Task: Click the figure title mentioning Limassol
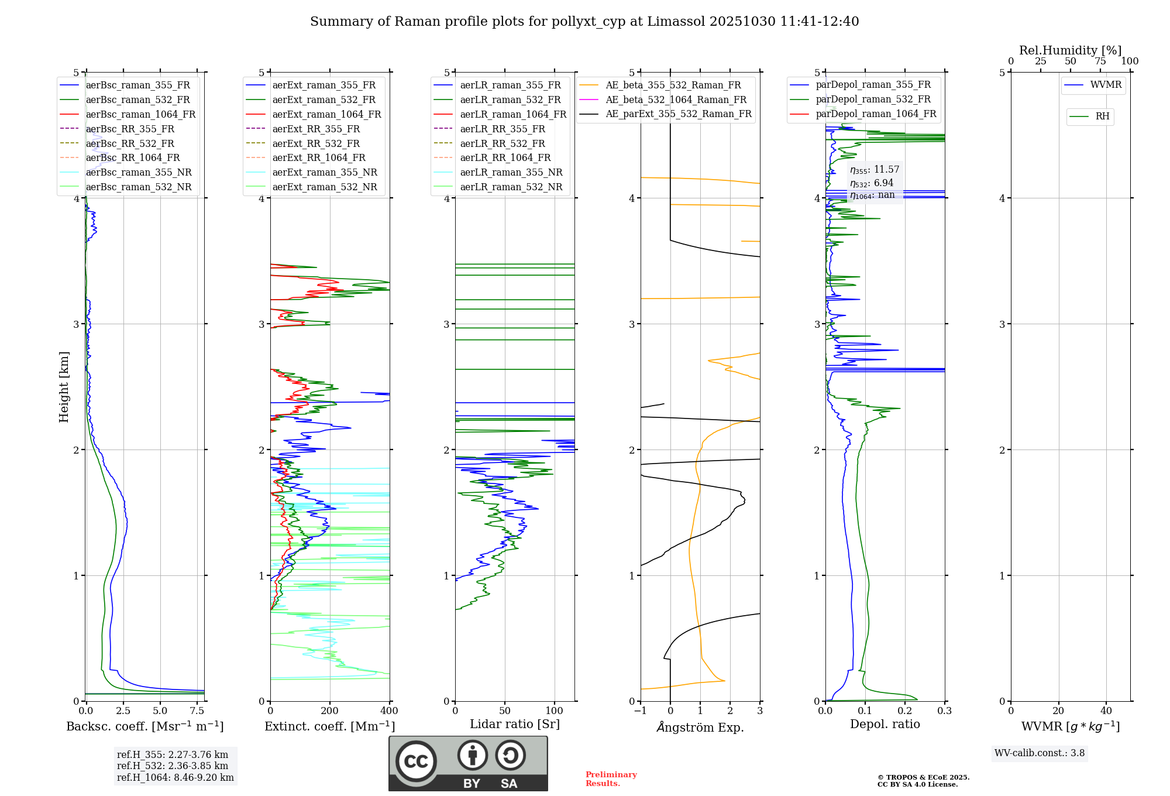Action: click(x=584, y=22)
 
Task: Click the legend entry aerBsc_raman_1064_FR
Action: click(x=140, y=115)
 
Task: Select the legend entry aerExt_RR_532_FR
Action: click(x=315, y=143)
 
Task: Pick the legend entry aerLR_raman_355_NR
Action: click(x=511, y=173)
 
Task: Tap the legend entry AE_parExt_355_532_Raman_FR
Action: click(x=678, y=114)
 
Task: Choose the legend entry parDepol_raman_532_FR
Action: click(x=873, y=99)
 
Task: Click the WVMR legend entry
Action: click(x=1105, y=85)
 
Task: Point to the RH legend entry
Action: click(x=1102, y=116)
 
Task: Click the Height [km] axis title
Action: click(x=64, y=387)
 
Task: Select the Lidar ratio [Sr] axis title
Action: click(x=515, y=725)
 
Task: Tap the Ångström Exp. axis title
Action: click(x=700, y=728)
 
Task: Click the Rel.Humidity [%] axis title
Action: click(x=1070, y=50)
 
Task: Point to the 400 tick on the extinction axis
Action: click(x=390, y=711)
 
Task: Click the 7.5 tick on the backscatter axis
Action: click(x=198, y=711)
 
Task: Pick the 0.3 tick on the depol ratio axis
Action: click(x=944, y=711)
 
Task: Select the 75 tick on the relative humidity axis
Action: click(x=1100, y=61)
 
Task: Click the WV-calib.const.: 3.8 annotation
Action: click(x=1039, y=753)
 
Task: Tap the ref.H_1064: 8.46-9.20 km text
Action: click(x=175, y=778)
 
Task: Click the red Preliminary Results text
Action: click(x=611, y=779)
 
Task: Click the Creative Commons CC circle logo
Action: click(x=416, y=761)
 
